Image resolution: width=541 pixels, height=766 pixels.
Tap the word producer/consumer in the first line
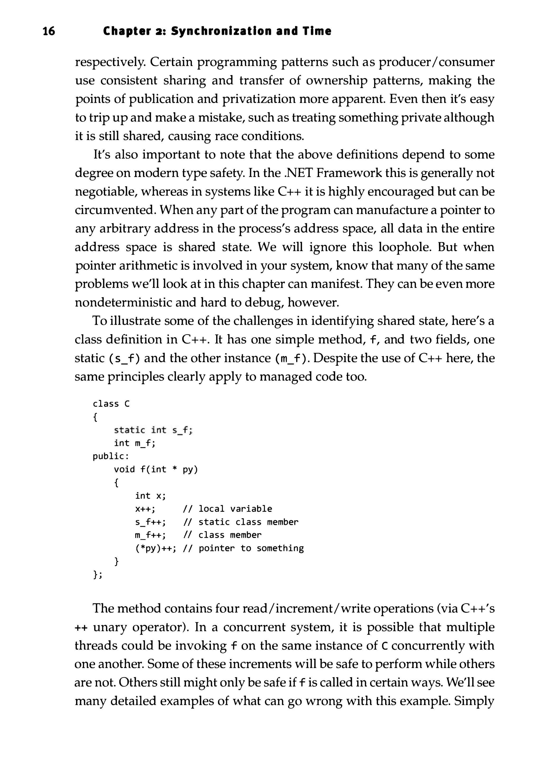[x=436, y=62]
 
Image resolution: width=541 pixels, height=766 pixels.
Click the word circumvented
[x=115, y=210]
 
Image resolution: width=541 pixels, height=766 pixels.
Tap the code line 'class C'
[x=111, y=404]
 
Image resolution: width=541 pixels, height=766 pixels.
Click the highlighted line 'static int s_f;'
[x=153, y=430]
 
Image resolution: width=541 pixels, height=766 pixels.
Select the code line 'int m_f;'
[x=135, y=443]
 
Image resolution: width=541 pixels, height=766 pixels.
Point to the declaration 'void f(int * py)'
[x=156, y=470]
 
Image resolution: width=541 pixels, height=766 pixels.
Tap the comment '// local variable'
[x=228, y=509]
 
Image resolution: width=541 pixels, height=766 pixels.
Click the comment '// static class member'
[x=241, y=522]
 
